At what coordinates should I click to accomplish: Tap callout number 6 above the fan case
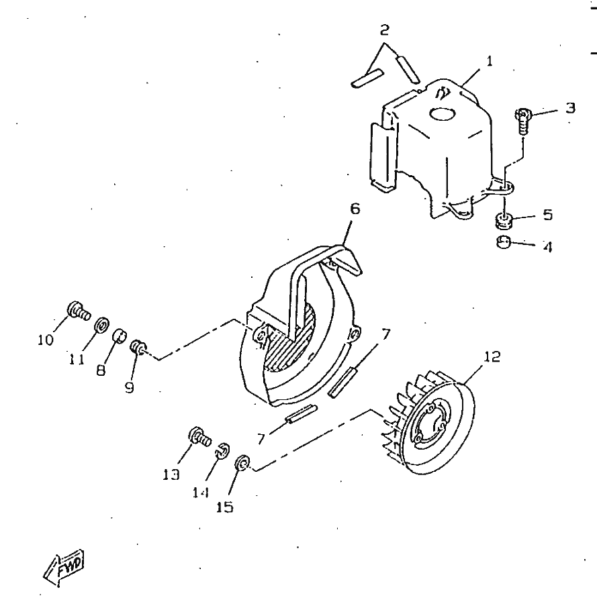(354, 209)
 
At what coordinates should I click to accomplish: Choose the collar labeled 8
(120, 334)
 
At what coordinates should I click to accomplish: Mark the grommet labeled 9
(138, 347)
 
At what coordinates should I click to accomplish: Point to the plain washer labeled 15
(242, 463)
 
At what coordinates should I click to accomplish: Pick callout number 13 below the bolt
(171, 474)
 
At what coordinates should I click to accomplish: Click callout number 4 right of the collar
(547, 248)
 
